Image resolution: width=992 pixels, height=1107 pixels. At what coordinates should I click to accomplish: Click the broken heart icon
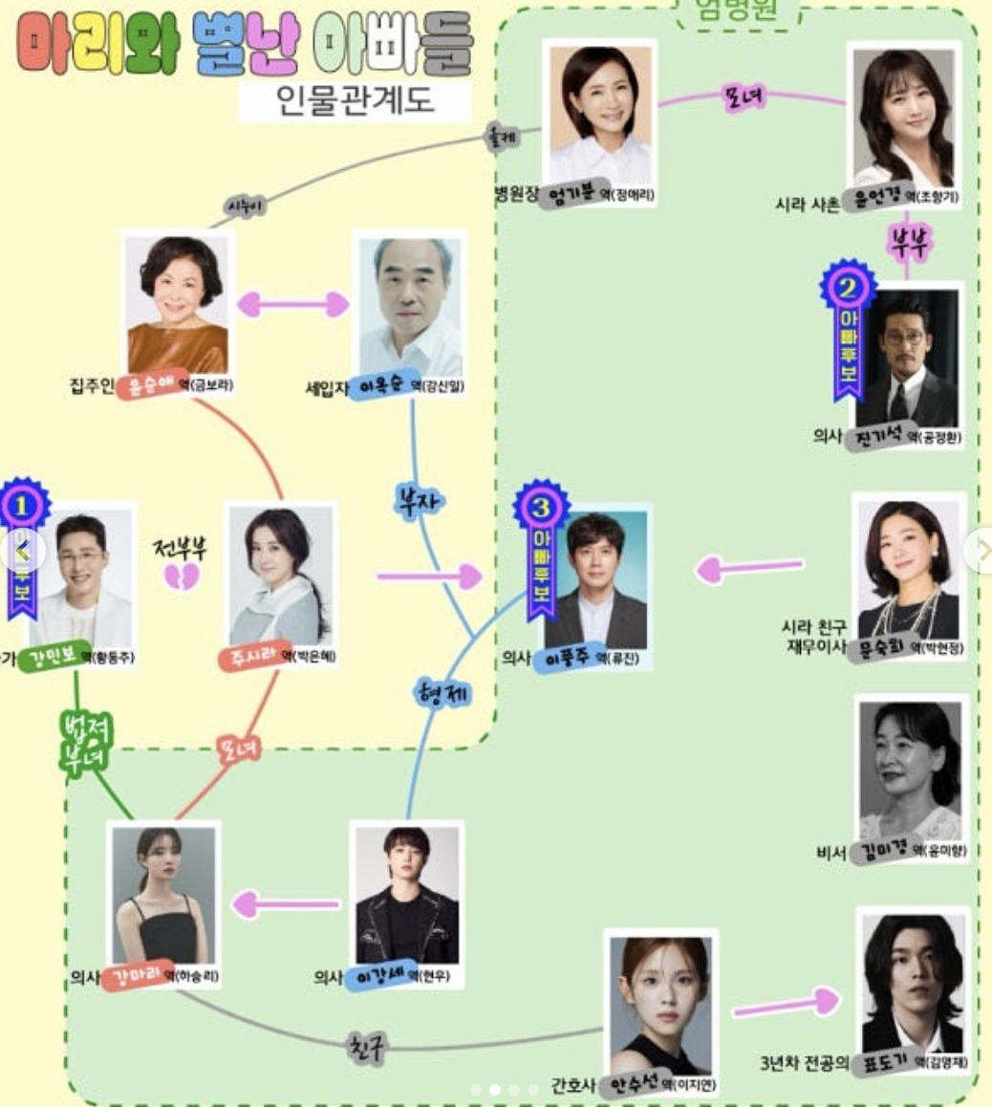(x=182, y=576)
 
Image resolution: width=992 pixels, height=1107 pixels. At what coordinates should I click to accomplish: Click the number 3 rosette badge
(x=541, y=507)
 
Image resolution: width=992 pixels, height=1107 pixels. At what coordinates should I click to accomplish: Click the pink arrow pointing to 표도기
(x=787, y=1005)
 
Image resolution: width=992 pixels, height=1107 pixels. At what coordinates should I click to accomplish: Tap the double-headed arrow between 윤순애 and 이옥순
(x=292, y=304)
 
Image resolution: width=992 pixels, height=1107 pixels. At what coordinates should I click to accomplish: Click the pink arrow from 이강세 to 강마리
(x=287, y=903)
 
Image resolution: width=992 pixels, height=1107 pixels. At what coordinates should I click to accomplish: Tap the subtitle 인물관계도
(x=356, y=99)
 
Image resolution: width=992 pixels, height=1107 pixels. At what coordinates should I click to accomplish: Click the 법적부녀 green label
(x=86, y=740)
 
